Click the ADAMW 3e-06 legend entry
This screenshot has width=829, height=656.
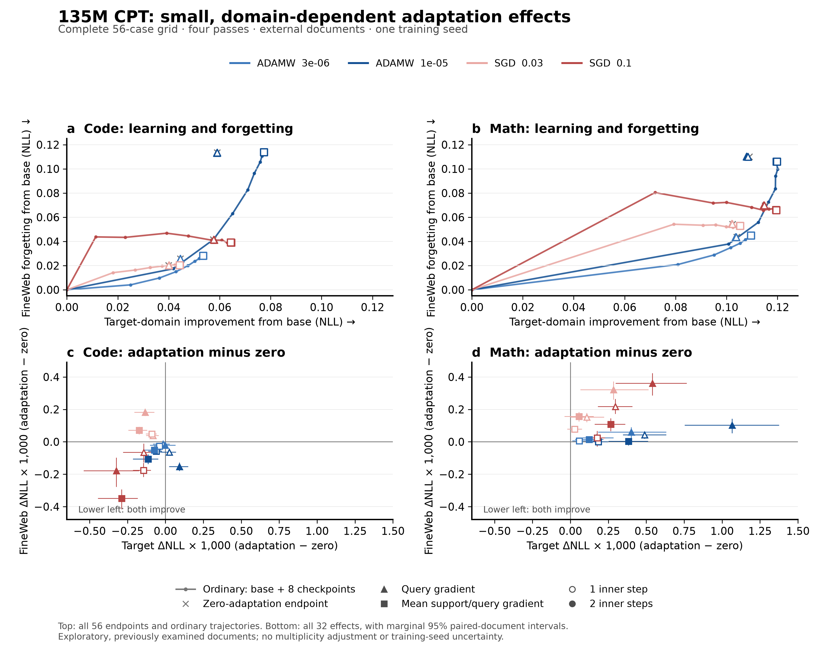point(279,63)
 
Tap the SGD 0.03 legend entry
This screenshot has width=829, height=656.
point(505,63)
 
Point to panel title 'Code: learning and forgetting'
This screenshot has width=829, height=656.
point(188,129)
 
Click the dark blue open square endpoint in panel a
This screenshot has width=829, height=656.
point(264,152)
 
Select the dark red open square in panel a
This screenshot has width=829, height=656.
point(231,242)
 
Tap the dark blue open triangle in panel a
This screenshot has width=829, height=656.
point(217,153)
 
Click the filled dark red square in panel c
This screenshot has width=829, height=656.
point(122,499)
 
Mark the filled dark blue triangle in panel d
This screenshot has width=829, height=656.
point(732,425)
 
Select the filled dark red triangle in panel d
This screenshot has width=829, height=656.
point(652,383)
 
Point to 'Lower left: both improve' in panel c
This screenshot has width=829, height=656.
point(132,509)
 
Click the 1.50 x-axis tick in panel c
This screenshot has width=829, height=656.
point(393,531)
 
